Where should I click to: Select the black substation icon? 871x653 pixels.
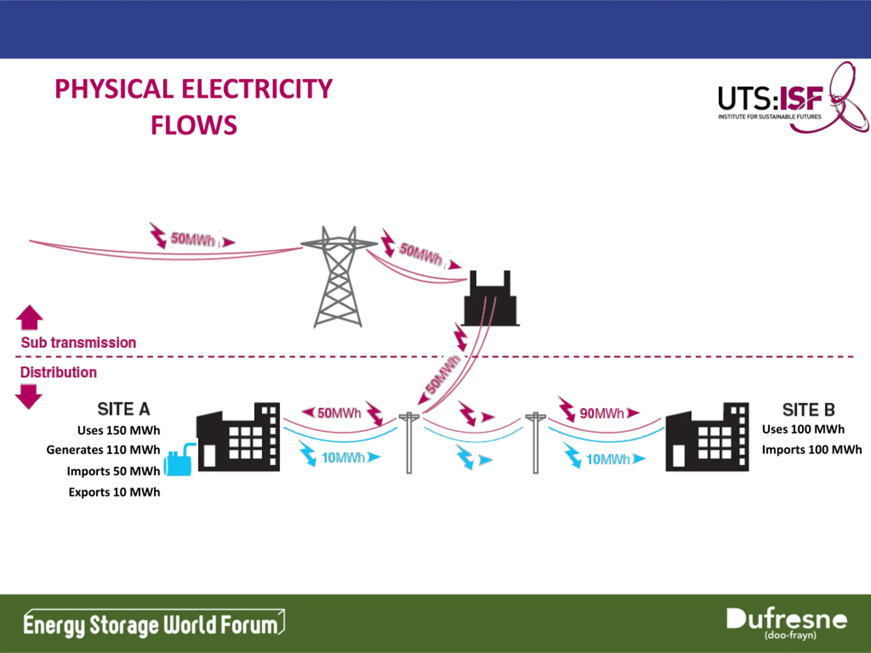pos(490,298)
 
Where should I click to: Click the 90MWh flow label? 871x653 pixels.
pos(602,413)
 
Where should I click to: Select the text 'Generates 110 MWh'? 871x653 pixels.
pos(103,450)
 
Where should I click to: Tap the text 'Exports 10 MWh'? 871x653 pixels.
pos(114,492)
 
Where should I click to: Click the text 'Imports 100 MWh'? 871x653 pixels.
pos(811,450)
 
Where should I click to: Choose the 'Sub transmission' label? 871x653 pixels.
pos(78,342)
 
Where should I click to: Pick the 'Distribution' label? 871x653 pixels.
pos(58,372)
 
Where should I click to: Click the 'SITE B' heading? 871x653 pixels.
pos(808,410)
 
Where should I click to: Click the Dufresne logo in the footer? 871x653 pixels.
pos(786,623)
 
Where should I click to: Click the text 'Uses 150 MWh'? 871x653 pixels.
pos(118,430)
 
